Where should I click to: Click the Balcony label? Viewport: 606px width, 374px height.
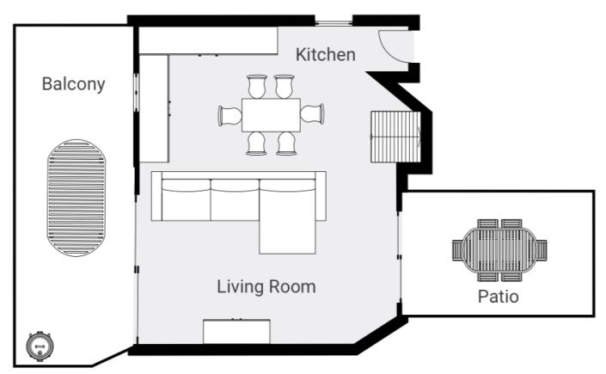tap(73, 84)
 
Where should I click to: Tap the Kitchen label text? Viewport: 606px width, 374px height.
tap(325, 55)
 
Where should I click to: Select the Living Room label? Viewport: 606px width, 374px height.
tap(266, 286)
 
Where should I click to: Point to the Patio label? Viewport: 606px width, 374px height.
tap(498, 297)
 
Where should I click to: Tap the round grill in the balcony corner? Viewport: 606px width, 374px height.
tap(39, 346)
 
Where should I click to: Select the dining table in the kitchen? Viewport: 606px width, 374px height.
tap(270, 114)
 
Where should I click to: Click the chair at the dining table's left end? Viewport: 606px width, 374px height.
tap(230, 114)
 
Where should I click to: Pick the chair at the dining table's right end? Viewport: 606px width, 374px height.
tap(312, 114)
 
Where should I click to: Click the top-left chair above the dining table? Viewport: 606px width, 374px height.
tap(256, 86)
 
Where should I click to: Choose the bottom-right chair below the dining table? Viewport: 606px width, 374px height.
tap(286, 143)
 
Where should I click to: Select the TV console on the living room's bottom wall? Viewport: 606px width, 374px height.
tap(236, 331)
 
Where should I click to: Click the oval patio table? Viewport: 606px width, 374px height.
tap(499, 250)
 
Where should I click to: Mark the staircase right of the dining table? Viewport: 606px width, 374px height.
tap(395, 138)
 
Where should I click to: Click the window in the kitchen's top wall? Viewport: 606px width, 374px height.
tap(332, 20)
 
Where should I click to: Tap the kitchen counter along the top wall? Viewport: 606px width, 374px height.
tap(208, 40)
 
